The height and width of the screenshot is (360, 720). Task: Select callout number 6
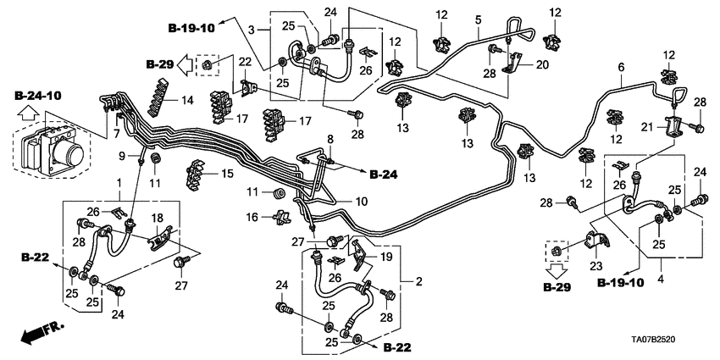click(x=621, y=67)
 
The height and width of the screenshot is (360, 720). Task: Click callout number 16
click(x=252, y=218)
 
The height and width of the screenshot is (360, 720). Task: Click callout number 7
click(x=115, y=133)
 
